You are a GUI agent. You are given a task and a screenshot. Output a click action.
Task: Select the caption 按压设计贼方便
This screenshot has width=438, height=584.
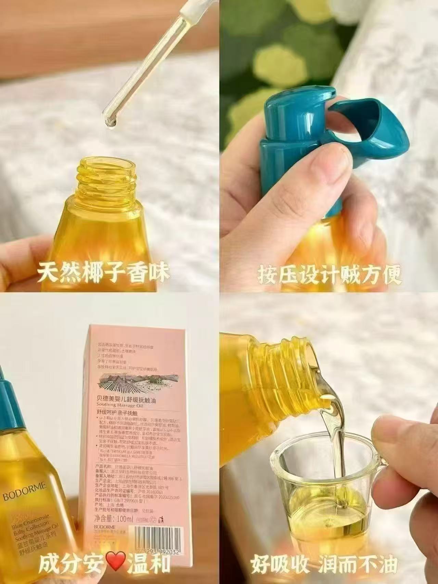click(329, 273)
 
